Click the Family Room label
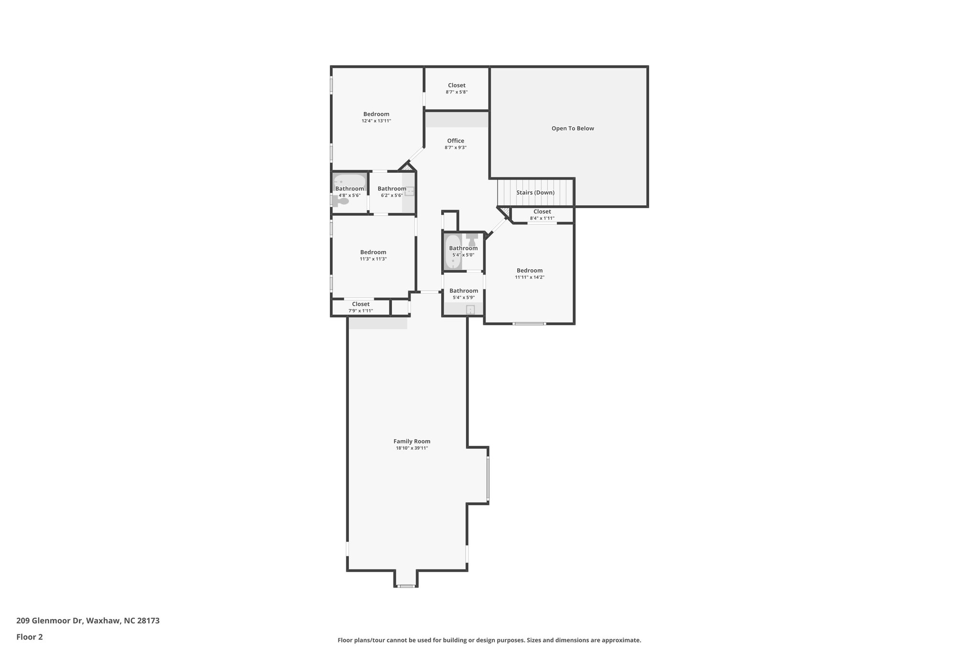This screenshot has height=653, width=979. (x=412, y=442)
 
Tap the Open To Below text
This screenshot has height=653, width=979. (x=573, y=128)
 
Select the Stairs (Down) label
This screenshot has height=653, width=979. (x=535, y=192)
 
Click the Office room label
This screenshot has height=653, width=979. (x=456, y=141)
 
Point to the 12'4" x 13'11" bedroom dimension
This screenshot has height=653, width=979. (x=376, y=121)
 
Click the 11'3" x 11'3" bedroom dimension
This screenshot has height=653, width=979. (x=373, y=259)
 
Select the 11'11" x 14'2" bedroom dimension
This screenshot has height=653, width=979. (x=530, y=277)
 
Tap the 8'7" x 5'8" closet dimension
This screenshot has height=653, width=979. (x=457, y=92)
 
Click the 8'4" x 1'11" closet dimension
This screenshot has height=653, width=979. (x=542, y=218)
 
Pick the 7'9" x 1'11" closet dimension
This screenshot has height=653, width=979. (x=360, y=311)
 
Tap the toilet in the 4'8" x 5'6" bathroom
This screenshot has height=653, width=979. (x=340, y=201)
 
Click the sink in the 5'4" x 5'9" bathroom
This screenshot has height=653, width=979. (x=470, y=310)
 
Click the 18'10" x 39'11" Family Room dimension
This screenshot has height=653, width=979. (x=412, y=448)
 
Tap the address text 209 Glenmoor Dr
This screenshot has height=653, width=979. (x=50, y=621)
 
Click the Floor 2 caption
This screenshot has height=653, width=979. (x=30, y=637)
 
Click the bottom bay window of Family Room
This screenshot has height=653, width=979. (x=406, y=586)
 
